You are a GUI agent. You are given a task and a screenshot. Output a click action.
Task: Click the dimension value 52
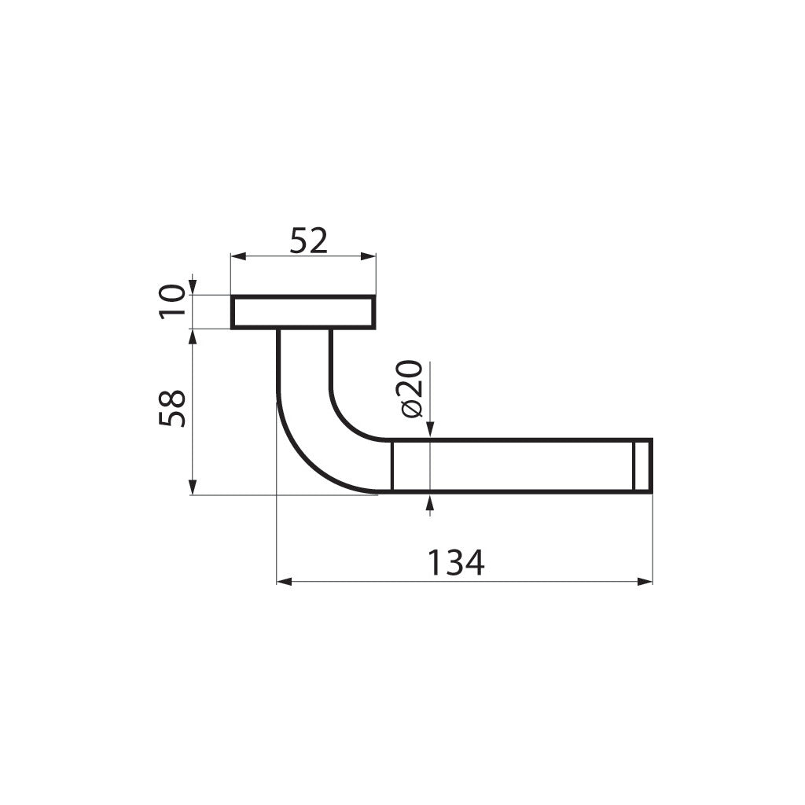tap(307, 241)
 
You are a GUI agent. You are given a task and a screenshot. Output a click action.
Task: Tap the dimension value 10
tap(172, 302)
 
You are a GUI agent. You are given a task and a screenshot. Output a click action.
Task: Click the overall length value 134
tap(456, 563)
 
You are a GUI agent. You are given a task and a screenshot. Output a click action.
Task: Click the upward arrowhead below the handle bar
tap(429, 501)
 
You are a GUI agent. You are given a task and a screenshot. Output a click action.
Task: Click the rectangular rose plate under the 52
tap(303, 312)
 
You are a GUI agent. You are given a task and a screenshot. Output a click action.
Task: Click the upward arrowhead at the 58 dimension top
tap(193, 336)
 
